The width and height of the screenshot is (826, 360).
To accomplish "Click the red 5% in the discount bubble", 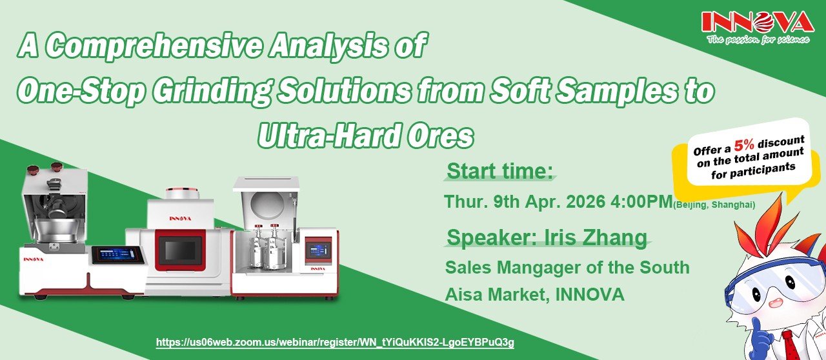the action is (x=744, y=146).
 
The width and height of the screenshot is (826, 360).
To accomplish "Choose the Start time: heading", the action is (x=500, y=171).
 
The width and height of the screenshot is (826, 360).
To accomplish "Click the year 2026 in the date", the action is (x=585, y=201).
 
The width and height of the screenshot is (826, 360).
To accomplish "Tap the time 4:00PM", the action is (x=641, y=201).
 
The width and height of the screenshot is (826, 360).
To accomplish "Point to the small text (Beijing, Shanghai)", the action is (x=714, y=205).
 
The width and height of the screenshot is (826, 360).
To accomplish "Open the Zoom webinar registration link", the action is (x=335, y=342).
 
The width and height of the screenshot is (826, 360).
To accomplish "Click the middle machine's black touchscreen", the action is (x=180, y=248).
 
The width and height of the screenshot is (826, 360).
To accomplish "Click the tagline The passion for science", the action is (x=758, y=39).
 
